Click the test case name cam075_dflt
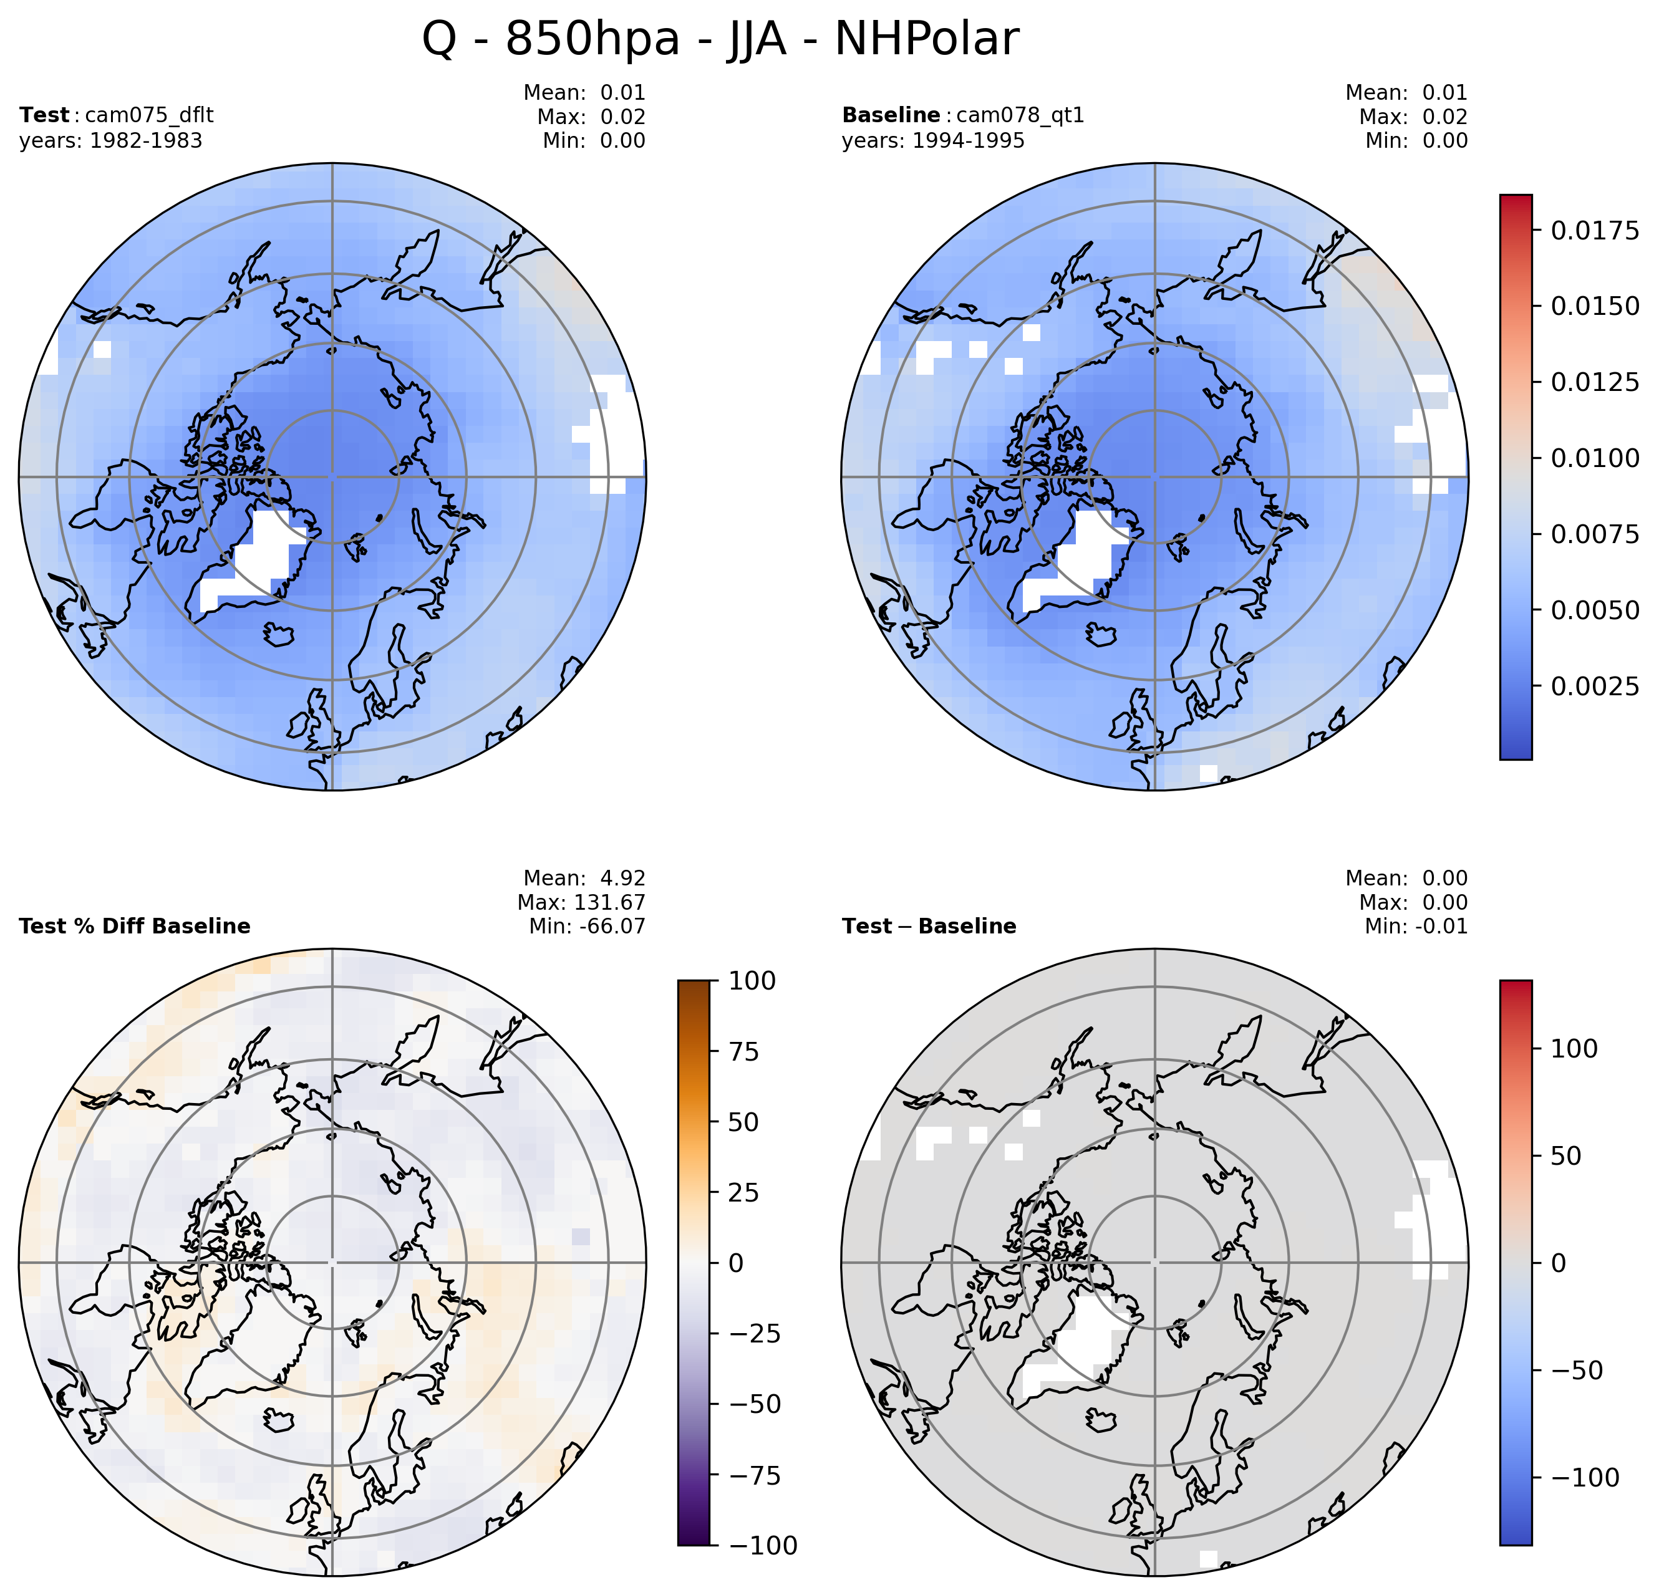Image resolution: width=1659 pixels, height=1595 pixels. pos(149,115)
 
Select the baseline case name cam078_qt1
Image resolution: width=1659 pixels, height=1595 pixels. pos(1019,115)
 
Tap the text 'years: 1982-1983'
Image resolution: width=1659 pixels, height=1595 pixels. pos(111,140)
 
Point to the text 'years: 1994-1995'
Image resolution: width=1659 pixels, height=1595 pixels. pos(933,140)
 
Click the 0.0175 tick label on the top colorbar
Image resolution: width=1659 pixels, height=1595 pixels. pos(1594,230)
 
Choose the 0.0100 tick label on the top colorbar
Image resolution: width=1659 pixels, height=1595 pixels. pos(1594,458)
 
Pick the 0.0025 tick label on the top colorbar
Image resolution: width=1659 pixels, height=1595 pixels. pos(1594,685)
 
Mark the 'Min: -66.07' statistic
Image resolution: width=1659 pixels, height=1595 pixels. pos(586,926)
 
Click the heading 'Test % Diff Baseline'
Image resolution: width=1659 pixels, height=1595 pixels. pos(135,926)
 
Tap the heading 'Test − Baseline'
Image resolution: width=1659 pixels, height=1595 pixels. pos(929,926)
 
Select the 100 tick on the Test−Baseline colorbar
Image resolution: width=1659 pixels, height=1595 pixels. pos(1574,1048)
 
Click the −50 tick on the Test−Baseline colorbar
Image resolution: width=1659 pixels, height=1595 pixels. pos(1575,1370)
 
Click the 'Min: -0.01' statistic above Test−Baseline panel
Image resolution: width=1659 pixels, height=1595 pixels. pos(1415,926)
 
